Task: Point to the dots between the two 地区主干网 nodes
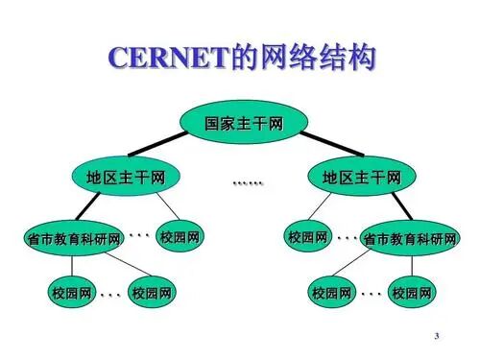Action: pos(247,181)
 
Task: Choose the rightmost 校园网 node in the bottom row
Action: pos(411,292)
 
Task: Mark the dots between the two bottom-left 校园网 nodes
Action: pos(110,293)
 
